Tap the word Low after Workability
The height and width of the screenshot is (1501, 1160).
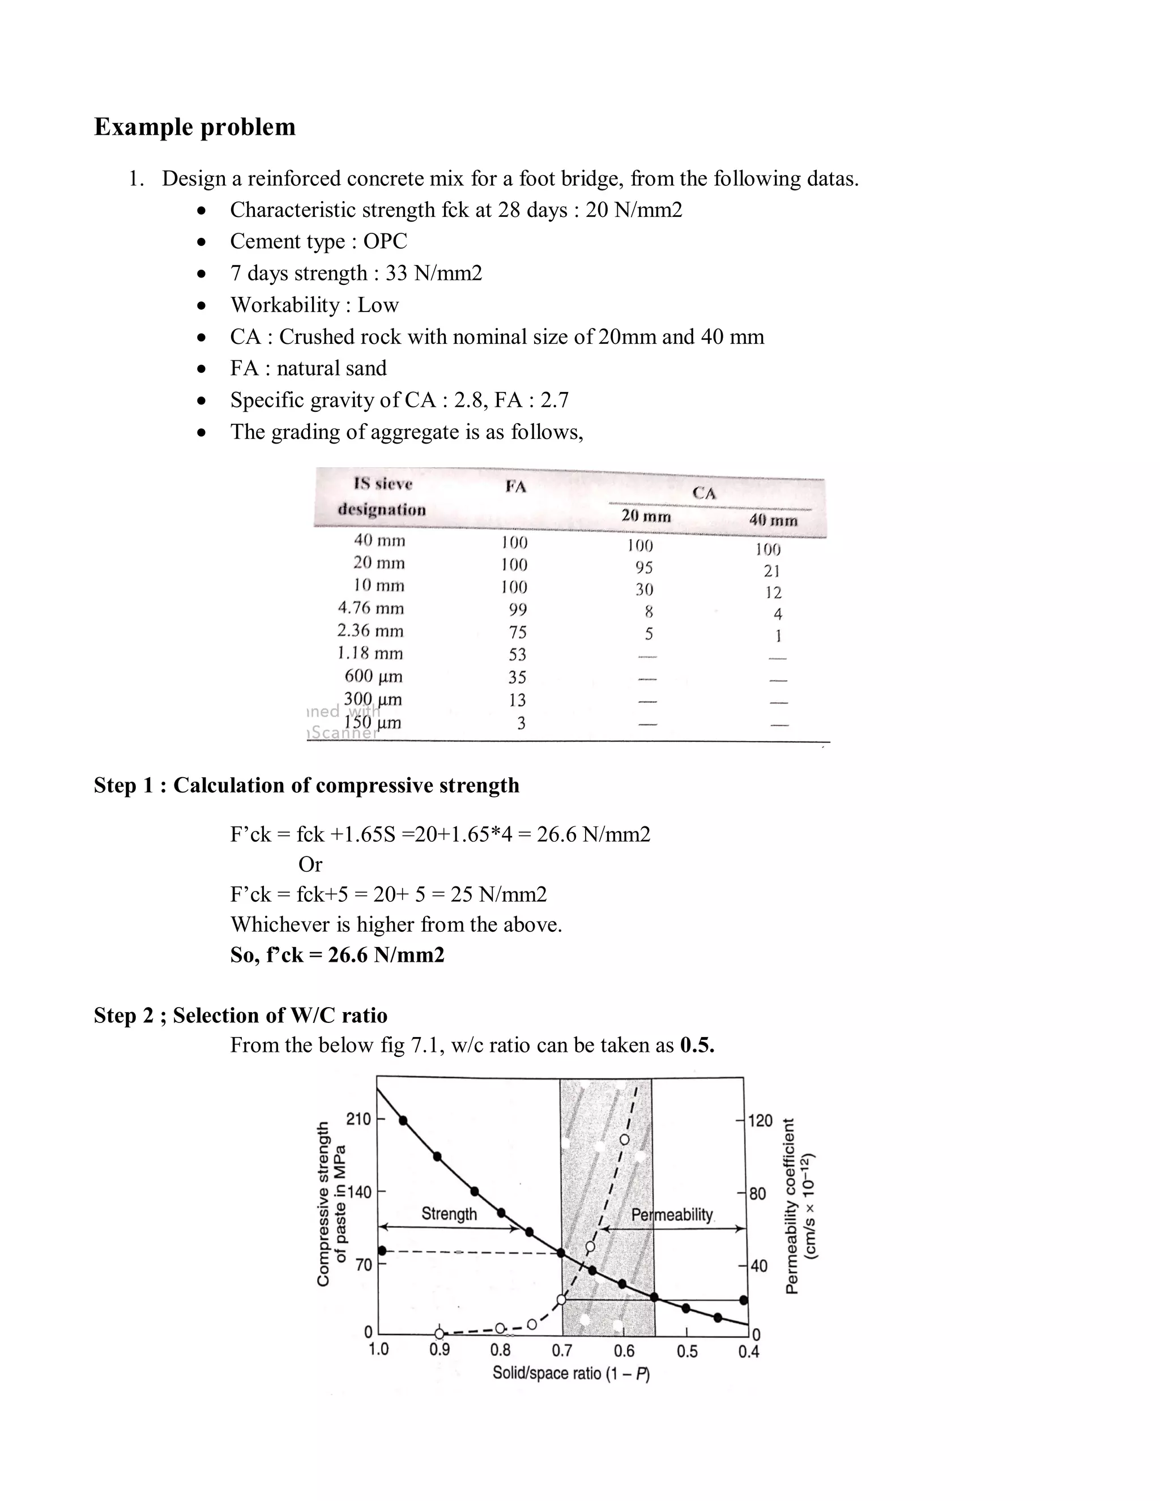[378, 305]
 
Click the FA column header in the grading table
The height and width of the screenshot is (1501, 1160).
[515, 487]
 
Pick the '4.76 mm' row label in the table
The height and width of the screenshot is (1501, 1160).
[370, 608]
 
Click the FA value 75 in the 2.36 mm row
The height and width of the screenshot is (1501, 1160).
[518, 632]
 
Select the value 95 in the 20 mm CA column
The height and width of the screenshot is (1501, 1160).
[644, 568]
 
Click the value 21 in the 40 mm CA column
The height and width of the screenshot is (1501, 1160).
[772, 570]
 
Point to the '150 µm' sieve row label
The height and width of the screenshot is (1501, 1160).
[373, 722]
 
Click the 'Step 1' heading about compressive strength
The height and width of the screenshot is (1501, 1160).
[306, 785]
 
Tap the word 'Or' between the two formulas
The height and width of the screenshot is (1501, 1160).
[310, 864]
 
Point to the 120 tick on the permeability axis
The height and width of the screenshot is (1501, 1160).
[760, 1121]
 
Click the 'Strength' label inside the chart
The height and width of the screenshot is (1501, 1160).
[449, 1214]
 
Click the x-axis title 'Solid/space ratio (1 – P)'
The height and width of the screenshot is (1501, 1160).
[571, 1373]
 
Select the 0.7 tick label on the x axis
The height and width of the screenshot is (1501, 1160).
[561, 1350]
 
